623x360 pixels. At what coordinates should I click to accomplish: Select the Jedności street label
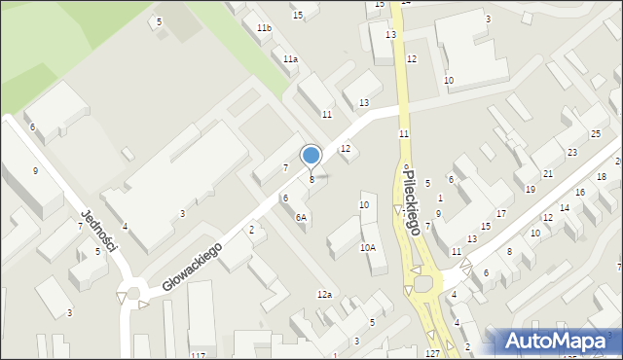click(x=99, y=230)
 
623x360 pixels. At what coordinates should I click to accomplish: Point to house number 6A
click(x=301, y=218)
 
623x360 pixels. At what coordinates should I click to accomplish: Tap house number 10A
click(x=367, y=248)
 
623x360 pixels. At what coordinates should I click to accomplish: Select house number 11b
click(x=264, y=29)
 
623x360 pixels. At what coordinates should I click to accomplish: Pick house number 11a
click(x=290, y=59)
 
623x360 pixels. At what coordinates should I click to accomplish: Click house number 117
click(x=199, y=356)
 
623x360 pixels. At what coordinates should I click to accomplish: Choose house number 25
click(x=595, y=134)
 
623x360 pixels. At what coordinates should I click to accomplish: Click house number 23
click(x=572, y=153)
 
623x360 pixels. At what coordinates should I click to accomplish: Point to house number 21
click(x=548, y=173)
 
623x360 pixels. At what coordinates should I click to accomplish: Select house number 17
click(x=500, y=213)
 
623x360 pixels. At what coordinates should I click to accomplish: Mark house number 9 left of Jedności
click(x=35, y=171)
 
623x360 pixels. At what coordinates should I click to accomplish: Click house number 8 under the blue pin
click(x=311, y=179)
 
